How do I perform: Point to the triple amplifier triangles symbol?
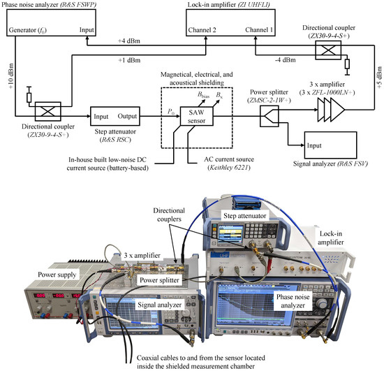tap(322, 110)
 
